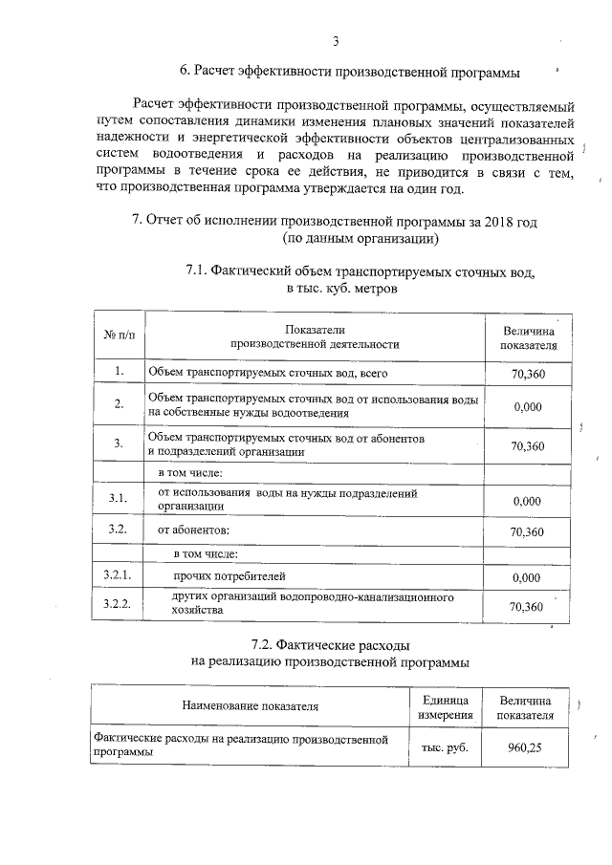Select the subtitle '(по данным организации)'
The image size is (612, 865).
pyautogui.click(x=361, y=238)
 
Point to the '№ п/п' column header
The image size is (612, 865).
pyautogui.click(x=120, y=336)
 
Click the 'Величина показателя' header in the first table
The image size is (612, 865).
pyautogui.click(x=529, y=336)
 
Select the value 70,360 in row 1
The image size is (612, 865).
pyautogui.click(x=528, y=374)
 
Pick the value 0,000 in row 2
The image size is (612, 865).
pyautogui.click(x=528, y=407)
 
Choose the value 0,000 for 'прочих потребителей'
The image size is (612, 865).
pyautogui.click(x=528, y=577)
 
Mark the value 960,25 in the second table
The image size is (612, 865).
pyautogui.click(x=526, y=747)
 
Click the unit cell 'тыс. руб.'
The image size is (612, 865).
pyautogui.click(x=445, y=747)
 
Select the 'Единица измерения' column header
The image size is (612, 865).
pyautogui.click(x=445, y=707)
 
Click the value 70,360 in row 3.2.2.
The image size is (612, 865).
pyautogui.click(x=528, y=606)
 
